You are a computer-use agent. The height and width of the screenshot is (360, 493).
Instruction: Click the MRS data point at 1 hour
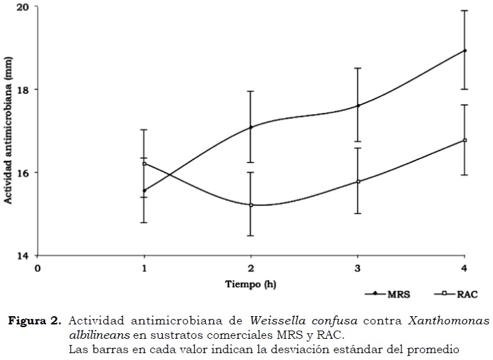pos(144,190)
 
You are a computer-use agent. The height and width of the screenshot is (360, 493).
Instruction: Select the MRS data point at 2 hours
pos(251,127)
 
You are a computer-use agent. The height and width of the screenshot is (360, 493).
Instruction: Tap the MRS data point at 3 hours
pos(358,105)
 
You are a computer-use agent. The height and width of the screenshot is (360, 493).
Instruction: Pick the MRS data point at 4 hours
pos(465,51)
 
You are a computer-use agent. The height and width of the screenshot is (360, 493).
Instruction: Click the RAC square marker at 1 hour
pos(144,164)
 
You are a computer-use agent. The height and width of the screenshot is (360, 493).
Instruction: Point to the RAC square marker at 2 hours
pos(251,205)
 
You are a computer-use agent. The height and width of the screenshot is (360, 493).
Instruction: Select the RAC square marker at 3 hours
pos(358,181)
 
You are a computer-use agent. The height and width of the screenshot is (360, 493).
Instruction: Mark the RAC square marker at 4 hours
pos(465,140)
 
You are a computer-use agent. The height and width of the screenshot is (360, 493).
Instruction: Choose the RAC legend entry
pos(457,294)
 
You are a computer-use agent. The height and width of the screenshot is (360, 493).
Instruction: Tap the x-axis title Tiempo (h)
pos(251,283)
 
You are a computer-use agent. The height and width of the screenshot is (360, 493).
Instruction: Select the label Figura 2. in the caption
pos(36,320)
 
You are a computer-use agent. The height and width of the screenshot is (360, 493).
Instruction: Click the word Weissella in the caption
pos(274,320)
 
